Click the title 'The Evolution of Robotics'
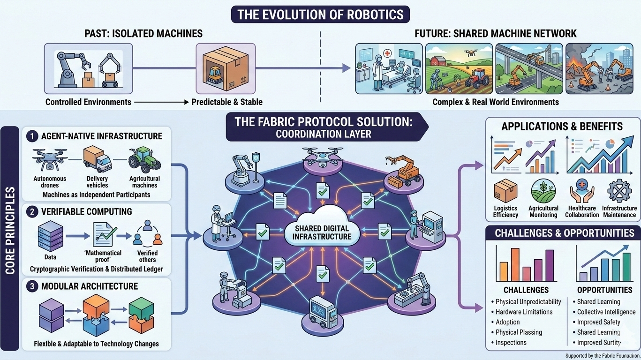click(320, 14)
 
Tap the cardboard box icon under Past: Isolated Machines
click(226, 68)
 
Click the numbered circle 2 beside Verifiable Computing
click(32, 211)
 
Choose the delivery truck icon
click(97, 159)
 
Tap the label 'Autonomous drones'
click(50, 182)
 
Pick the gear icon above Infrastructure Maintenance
click(619, 192)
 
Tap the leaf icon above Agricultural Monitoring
click(543, 192)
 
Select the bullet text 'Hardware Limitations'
click(524, 312)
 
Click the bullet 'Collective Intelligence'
click(606, 312)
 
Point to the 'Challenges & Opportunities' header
click(564, 233)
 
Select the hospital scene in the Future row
click(389, 68)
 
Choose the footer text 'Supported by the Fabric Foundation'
click(602, 356)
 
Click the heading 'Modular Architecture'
click(90, 286)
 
